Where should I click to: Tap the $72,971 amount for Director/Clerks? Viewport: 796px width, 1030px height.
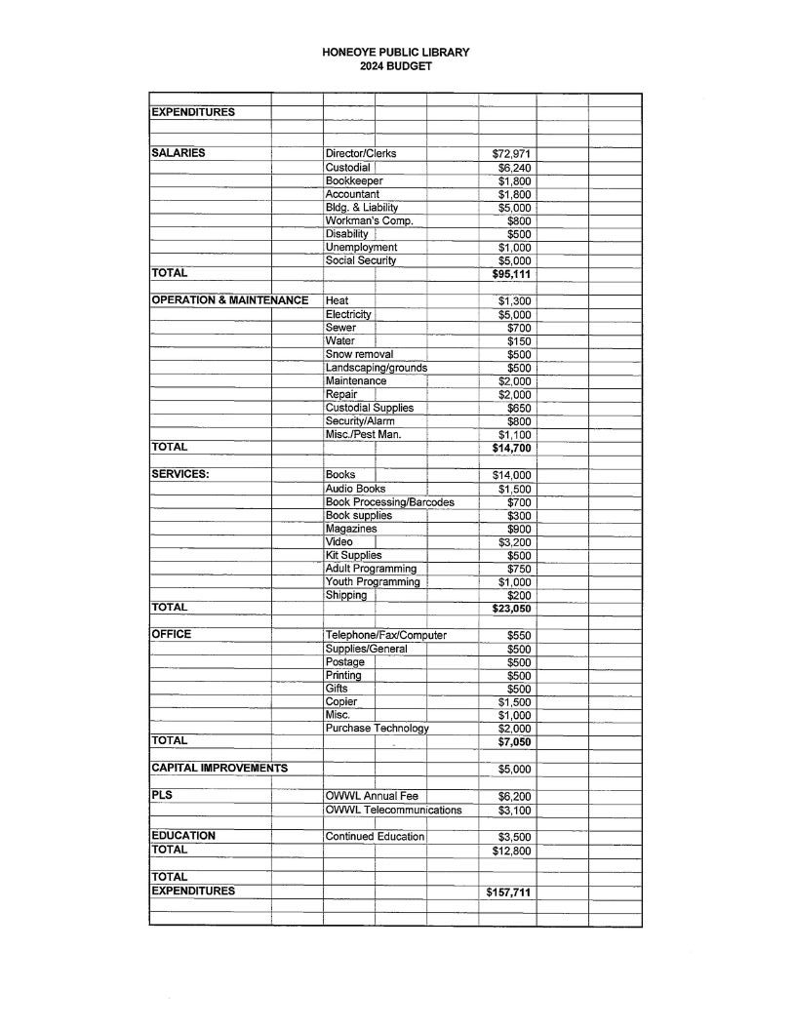point(510,154)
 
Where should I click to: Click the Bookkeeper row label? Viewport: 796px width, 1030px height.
point(354,180)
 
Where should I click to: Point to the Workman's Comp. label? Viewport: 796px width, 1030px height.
point(369,220)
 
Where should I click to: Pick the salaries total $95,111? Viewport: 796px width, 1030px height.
point(510,274)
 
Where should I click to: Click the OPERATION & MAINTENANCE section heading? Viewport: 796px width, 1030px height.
point(229,300)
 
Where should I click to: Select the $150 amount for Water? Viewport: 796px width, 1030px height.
point(518,341)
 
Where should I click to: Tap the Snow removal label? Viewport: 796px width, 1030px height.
point(359,354)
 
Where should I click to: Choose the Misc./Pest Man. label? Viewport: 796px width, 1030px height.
point(363,434)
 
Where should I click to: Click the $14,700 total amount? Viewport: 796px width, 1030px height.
point(510,448)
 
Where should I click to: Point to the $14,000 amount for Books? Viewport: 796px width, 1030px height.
point(510,475)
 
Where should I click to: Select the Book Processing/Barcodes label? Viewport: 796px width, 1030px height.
point(389,502)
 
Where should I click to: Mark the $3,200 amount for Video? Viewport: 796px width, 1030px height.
point(513,542)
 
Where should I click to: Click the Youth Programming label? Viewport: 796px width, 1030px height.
point(372,582)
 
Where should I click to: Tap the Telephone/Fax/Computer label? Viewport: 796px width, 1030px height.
point(385,635)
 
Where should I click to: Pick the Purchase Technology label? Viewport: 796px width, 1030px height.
point(377,729)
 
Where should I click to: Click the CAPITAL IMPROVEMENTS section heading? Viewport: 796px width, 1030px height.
point(219,769)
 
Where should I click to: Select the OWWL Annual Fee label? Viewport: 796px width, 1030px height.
point(371,796)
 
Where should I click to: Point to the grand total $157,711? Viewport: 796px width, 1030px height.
point(508,892)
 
